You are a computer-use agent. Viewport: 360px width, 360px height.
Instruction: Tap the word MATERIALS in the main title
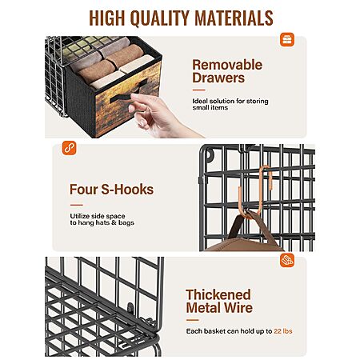pyautogui.click(x=234, y=18)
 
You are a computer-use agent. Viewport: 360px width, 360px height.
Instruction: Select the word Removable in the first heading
pyautogui.click(x=227, y=65)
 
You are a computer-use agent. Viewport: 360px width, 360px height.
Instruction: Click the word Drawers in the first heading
pyautogui.click(x=218, y=78)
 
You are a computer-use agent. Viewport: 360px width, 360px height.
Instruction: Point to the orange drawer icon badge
pyautogui.click(x=287, y=40)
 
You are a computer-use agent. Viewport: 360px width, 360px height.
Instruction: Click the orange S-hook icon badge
pyautogui.click(x=70, y=148)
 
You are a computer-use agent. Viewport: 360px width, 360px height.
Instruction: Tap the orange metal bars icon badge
pyautogui.click(x=287, y=260)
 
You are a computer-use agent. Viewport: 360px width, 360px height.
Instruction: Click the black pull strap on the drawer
pyautogui.click(x=128, y=94)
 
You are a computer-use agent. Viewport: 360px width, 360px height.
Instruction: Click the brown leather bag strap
pyautogui.click(x=240, y=224)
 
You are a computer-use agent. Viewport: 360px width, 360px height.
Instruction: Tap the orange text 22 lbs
pyautogui.click(x=283, y=331)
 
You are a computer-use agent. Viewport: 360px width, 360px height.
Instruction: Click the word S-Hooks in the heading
pyautogui.click(x=127, y=190)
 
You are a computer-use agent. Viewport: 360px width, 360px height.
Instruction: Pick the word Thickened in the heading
pyautogui.click(x=218, y=294)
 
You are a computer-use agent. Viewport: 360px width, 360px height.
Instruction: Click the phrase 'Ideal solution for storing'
pyautogui.click(x=230, y=101)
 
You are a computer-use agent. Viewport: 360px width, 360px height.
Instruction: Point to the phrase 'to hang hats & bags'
pyautogui.click(x=102, y=222)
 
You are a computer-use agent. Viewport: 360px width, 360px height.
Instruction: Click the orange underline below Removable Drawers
pyautogui.click(x=198, y=90)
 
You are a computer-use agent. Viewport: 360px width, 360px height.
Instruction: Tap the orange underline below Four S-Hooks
pyautogui.click(x=77, y=205)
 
